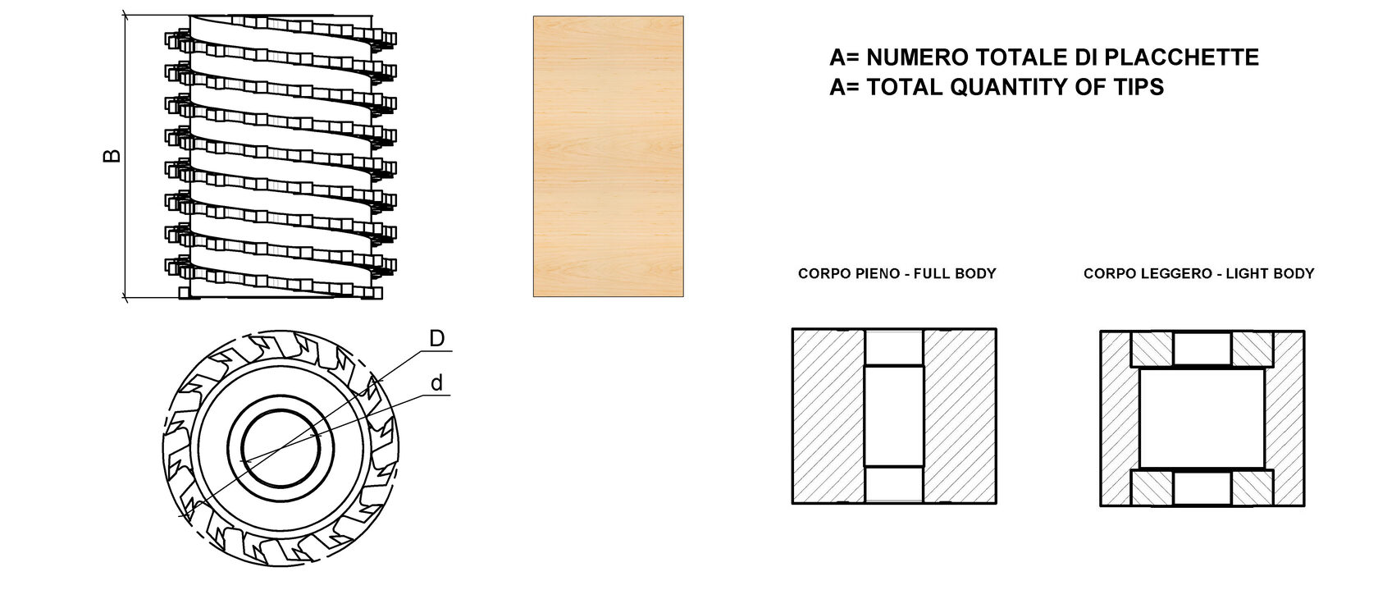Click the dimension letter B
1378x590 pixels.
coord(112,156)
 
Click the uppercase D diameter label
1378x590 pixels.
coord(436,338)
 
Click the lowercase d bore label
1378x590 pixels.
coord(436,382)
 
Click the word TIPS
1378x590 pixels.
coord(1138,87)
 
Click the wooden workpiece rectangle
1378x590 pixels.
coord(609,156)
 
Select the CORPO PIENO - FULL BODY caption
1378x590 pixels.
coord(897,273)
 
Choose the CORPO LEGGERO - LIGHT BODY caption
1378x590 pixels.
coord(1199,273)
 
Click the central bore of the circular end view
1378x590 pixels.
coord(281,449)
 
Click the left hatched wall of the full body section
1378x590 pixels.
coord(828,416)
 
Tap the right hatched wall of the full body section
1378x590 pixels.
coord(960,416)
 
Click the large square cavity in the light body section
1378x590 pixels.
coord(1202,418)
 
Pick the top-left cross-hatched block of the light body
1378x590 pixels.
coord(1152,349)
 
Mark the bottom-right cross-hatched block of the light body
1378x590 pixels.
coord(1253,488)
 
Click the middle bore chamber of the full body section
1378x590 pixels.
coord(894,416)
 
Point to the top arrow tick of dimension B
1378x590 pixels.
coord(125,15)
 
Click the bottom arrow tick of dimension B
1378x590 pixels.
coord(125,299)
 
